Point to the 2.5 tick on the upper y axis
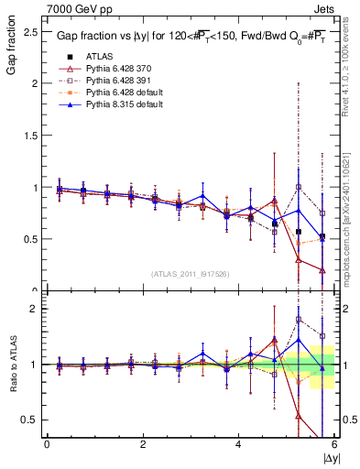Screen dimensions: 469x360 pos(29,31)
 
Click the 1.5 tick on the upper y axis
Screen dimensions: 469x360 pos(29,135)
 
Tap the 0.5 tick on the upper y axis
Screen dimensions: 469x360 pos(29,239)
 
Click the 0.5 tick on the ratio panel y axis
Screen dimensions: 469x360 pos(29,420)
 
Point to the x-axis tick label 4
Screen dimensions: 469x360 pos(238,445)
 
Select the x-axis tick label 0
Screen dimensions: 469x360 pos(47,445)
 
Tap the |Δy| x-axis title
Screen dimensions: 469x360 pos(329,458)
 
